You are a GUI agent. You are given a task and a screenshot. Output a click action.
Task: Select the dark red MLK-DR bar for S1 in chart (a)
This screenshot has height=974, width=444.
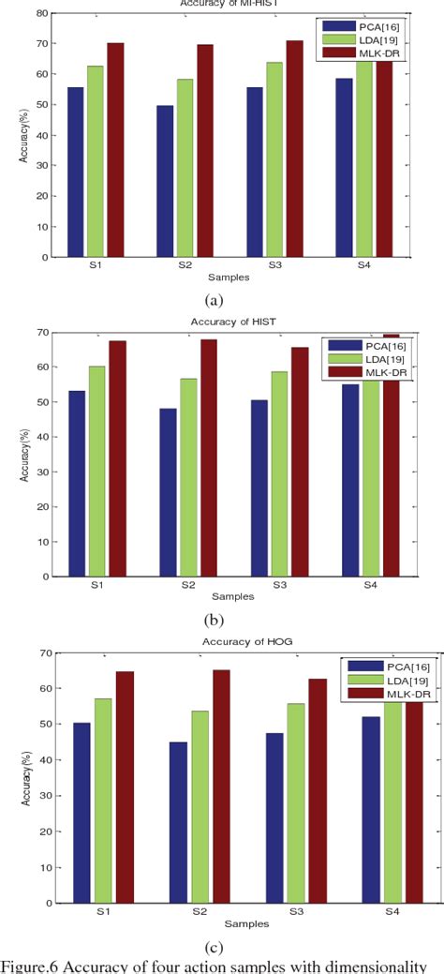pos(115,150)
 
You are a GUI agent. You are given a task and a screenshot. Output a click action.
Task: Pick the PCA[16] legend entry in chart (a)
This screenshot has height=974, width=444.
pos(372,26)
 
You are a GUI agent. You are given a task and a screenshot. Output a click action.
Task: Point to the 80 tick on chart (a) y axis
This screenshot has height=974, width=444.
pos(42,13)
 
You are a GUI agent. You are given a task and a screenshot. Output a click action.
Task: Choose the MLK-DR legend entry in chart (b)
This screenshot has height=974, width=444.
pos(375,372)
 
